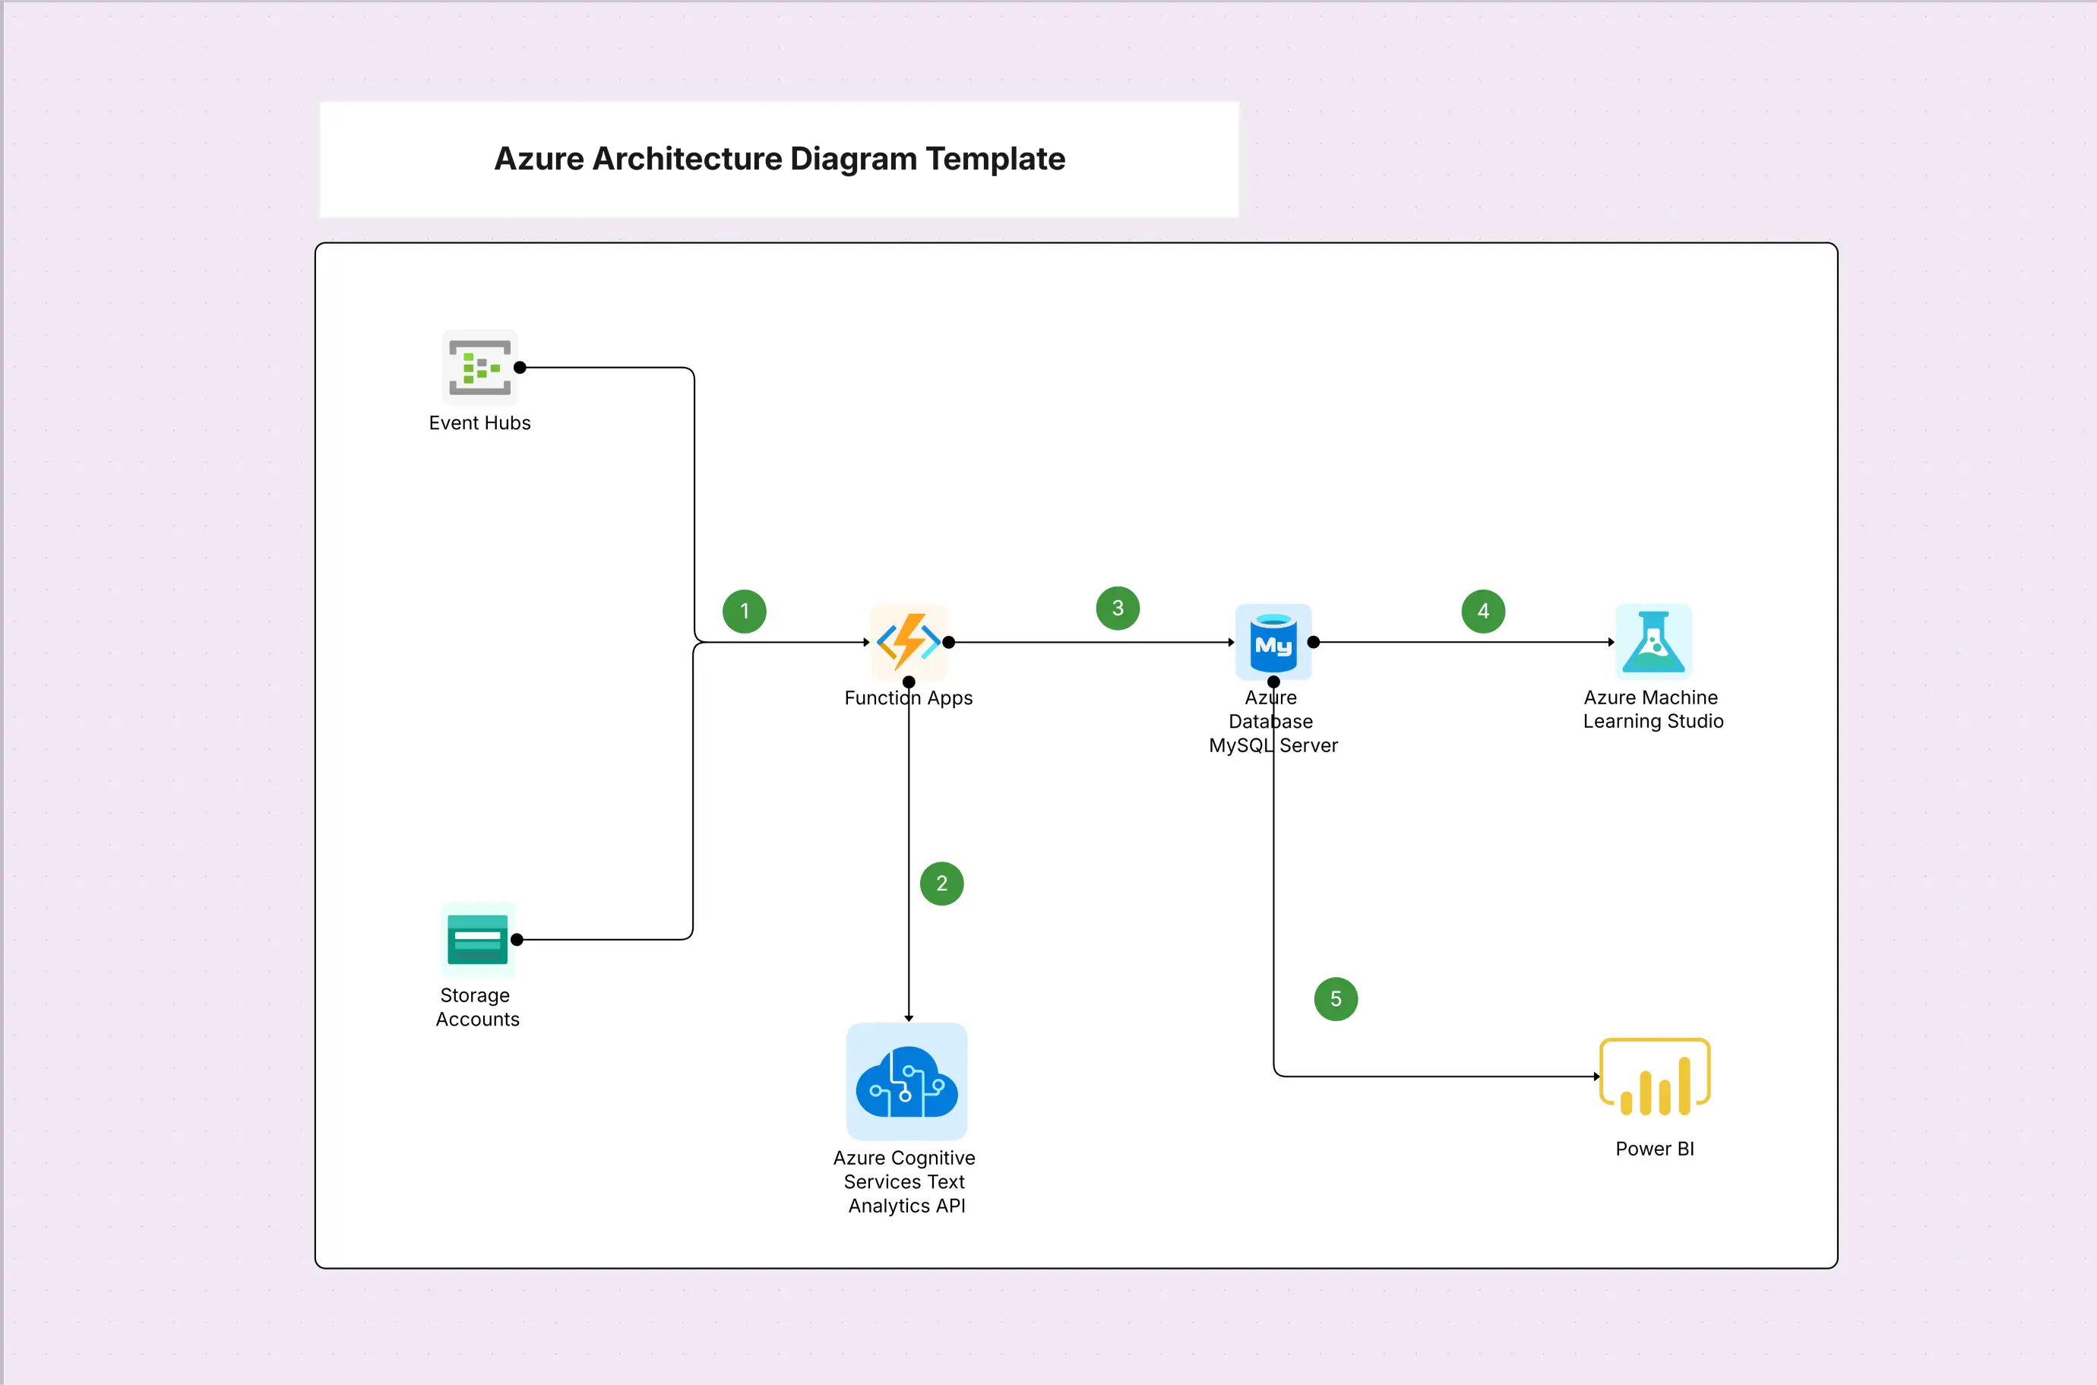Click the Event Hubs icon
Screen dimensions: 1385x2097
point(479,368)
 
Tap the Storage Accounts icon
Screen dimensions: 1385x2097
point(478,940)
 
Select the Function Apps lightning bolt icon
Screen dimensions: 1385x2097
point(908,641)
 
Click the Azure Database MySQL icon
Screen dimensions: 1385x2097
point(1273,642)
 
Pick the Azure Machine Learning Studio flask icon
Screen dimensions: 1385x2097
point(1653,642)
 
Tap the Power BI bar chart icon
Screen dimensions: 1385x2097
point(1655,1077)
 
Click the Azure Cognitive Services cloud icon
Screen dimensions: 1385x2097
point(907,1081)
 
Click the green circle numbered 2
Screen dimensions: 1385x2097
point(941,884)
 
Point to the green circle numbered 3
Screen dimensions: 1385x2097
point(1118,608)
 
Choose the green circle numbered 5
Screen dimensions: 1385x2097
point(1336,999)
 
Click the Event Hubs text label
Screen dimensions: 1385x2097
point(479,423)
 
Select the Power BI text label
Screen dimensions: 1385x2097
point(1655,1149)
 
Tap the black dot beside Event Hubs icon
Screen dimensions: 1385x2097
point(520,368)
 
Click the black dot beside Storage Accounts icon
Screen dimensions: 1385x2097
point(517,940)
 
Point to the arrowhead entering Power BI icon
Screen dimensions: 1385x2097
point(1596,1077)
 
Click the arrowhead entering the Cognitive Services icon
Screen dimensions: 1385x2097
point(909,1019)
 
